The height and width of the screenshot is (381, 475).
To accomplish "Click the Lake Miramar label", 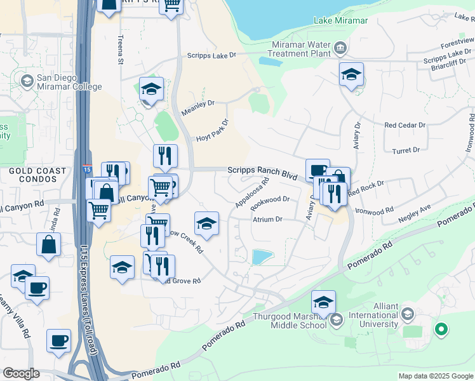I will click(341, 21).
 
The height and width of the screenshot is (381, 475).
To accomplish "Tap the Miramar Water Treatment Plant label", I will click(301, 50).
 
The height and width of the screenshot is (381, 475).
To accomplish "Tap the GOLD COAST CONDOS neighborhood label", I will click(37, 175).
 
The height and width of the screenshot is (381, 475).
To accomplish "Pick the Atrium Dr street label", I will click(267, 219).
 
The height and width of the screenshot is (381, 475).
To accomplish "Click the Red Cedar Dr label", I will click(405, 125).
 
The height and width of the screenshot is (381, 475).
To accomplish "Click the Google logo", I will click(21, 373).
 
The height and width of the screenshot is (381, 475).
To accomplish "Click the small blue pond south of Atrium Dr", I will click(261, 257).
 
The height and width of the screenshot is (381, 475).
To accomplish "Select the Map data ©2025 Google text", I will click(435, 376).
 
